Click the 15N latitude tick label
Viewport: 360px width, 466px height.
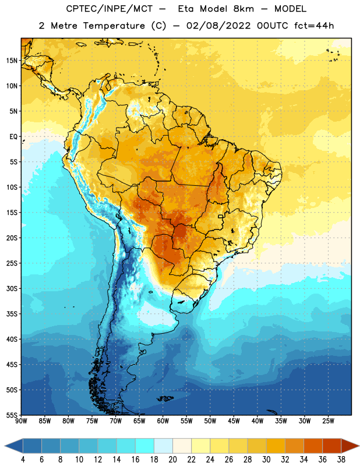pos(12,61)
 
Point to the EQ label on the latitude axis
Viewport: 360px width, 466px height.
pos(13,137)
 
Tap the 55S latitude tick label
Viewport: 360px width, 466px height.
pos(12,415)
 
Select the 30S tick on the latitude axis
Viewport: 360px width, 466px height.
pos(12,288)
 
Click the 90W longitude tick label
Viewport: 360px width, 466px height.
pos(21,421)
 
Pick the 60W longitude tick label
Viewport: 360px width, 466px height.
pos(163,421)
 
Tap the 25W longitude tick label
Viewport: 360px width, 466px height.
pos(328,421)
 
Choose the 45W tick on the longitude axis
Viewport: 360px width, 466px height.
pos(234,421)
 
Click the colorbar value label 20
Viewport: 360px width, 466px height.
pos(172,460)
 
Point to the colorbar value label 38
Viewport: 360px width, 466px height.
pos(341,460)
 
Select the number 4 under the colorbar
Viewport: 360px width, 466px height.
pos(23,460)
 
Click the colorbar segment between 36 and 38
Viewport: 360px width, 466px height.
pos(332,446)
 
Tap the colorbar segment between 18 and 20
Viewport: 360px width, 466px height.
pos(163,446)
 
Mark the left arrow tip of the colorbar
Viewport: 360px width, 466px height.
pos(5,446)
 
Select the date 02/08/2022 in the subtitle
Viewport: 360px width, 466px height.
pos(218,26)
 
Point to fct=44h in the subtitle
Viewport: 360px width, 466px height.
pos(314,26)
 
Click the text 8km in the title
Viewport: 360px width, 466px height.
pos(243,9)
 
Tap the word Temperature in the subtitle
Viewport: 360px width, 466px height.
pos(114,26)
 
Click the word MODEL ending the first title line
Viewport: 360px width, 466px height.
pos(290,9)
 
